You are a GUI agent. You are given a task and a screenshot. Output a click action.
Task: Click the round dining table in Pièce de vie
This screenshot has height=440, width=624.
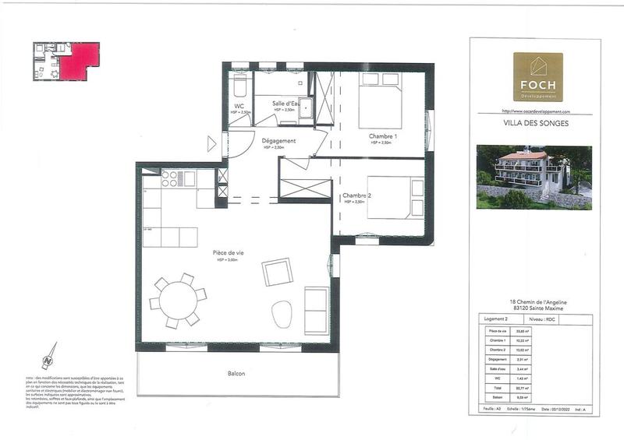coord(179,299)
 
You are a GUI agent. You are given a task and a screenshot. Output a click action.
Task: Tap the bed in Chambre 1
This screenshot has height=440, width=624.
coord(381,100)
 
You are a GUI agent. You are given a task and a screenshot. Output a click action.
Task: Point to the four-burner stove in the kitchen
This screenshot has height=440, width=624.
coord(168,179)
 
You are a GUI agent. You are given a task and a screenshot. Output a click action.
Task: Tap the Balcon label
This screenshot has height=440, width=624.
coord(236,374)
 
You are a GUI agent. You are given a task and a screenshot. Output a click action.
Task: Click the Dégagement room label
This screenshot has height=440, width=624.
coord(278,141)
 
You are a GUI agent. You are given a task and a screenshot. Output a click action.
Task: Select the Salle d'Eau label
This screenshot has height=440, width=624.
coord(286,104)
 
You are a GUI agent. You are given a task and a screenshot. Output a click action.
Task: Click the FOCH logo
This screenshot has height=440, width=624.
coord(537,77)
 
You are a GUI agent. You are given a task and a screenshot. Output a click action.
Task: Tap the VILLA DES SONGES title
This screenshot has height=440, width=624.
coord(537,123)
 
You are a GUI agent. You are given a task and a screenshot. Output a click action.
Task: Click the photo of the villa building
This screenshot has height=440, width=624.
coord(534,177)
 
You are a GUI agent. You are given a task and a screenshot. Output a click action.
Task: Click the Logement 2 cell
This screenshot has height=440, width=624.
coord(497,319)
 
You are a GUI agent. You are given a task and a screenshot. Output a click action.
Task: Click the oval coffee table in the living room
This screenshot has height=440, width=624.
coord(282,315)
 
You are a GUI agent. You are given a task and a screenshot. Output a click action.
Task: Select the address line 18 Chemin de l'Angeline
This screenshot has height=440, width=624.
coord(537,302)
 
